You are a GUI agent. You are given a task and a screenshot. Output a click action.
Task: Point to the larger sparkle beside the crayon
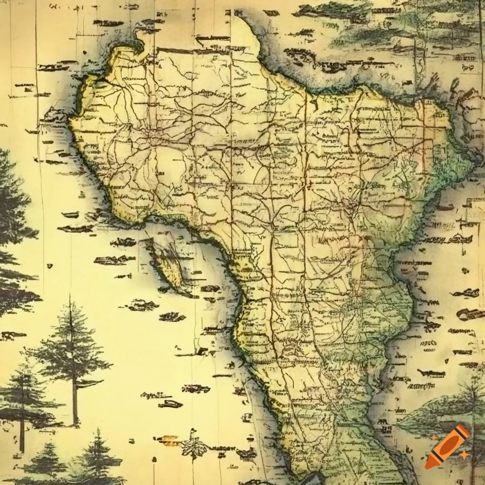click(464, 455)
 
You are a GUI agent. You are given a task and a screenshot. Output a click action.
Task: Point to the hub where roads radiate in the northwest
click(153, 137)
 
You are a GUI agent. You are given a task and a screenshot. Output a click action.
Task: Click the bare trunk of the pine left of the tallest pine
click(22, 426)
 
